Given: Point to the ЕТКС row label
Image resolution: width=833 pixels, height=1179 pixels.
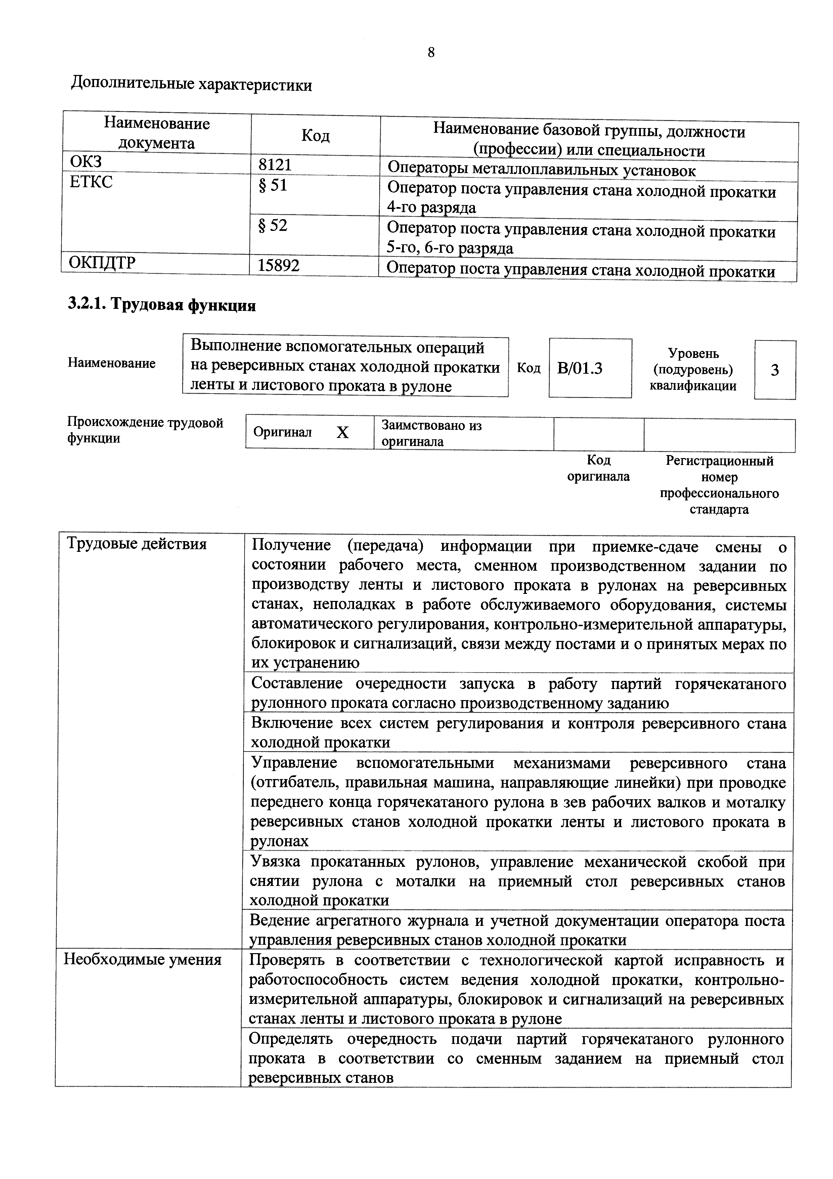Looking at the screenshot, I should [91, 182].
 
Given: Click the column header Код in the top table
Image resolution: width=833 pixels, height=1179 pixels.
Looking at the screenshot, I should [315, 135].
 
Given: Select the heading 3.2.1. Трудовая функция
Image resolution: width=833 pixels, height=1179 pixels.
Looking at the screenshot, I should [162, 305].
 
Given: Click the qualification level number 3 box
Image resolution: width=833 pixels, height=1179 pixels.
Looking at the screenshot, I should [775, 370].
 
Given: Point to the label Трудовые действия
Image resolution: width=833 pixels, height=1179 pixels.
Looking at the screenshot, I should [137, 544].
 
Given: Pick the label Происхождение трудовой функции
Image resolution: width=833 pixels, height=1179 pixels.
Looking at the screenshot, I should [145, 430].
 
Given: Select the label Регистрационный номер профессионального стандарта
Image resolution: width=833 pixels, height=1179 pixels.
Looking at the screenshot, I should [719, 485].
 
